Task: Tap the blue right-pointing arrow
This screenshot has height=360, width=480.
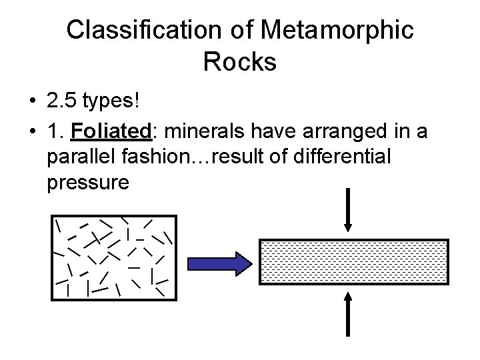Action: tap(215, 263)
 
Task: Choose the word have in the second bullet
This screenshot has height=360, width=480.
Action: tap(259, 133)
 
